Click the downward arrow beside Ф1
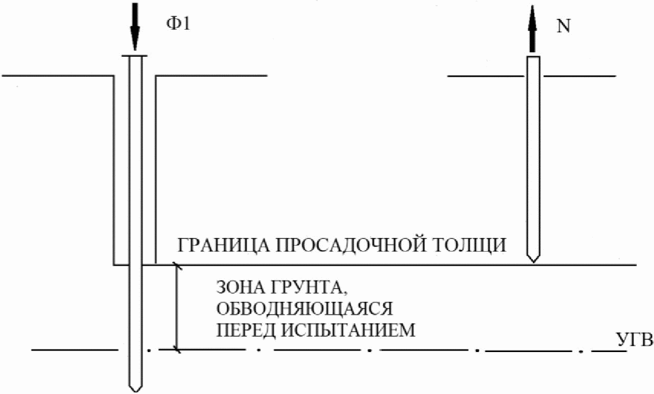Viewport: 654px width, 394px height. [135, 26]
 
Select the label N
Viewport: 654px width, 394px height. [563, 26]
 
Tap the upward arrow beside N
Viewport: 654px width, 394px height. [533, 28]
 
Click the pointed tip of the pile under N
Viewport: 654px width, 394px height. [533, 259]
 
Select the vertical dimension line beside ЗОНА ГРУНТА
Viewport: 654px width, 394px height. [177, 307]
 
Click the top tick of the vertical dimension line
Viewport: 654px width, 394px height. [177, 265]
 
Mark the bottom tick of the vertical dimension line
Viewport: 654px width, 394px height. [177, 350]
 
